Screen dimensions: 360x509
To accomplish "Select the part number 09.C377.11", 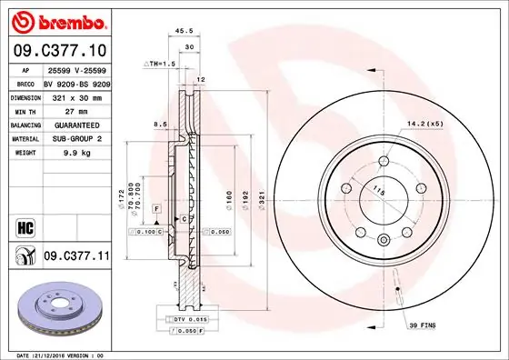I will [x=76, y=257].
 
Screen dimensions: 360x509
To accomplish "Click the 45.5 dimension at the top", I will [x=185, y=30].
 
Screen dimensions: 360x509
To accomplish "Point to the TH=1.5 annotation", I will [x=160, y=65].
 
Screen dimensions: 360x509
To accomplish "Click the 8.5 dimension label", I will [x=159, y=123].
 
